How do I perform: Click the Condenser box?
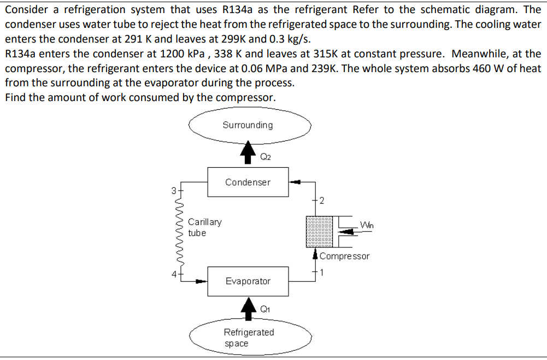pos(248,182)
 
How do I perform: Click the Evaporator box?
pos(248,281)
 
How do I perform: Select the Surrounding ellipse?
pos(249,125)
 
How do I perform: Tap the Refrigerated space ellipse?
pos(249,338)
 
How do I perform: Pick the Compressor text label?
pos(345,256)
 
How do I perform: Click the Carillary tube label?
pos(204,227)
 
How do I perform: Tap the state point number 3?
pos(173,191)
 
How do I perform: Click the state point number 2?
pos(322,200)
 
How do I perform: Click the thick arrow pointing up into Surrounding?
pos(249,151)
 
